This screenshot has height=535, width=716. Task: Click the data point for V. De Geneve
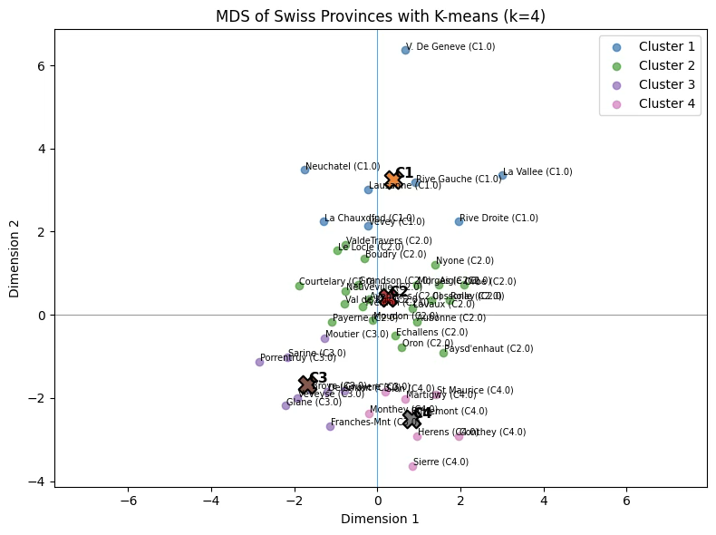tap(405, 50)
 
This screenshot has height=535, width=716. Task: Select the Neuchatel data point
tap(305, 170)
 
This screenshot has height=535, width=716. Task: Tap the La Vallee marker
tap(502, 175)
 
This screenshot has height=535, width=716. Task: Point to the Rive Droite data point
tap(459, 221)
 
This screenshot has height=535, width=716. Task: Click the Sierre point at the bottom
tap(412, 465)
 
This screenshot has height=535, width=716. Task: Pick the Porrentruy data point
tap(259, 362)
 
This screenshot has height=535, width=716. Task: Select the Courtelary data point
tap(299, 286)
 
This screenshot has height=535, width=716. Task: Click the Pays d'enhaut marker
tap(443, 353)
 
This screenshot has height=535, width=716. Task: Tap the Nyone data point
tap(435, 265)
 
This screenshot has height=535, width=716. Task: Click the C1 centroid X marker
tap(393, 180)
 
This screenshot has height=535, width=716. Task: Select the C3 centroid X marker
tap(307, 384)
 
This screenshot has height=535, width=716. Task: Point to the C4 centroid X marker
tap(411, 418)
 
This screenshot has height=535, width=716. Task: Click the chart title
tap(381, 16)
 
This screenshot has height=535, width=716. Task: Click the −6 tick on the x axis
tap(128, 499)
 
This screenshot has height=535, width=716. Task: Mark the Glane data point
tap(285, 405)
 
